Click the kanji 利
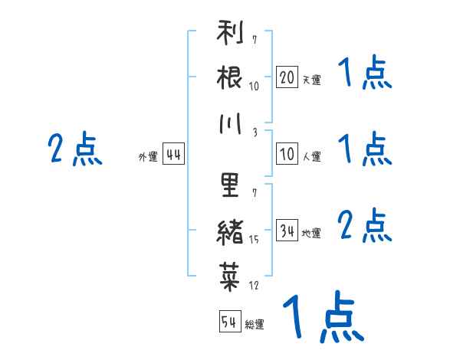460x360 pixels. point(230,32)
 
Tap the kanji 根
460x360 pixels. point(229,77)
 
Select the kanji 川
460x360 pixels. point(230,124)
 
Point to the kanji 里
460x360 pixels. point(230,185)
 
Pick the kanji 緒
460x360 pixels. point(230,232)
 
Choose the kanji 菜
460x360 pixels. point(230,277)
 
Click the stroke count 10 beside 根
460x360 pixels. point(254,86)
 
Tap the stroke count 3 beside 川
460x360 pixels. point(255,133)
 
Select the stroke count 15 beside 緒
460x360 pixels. point(254,240)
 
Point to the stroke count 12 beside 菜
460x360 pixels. point(254,285)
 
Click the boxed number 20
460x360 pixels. point(287,77)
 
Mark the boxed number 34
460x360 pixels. point(287,230)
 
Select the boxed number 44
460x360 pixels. point(173,153)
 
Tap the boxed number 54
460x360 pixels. point(230,321)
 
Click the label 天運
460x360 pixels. point(311,80)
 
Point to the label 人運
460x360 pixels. point(311,156)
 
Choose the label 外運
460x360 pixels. point(148,156)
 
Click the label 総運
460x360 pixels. point(255,324)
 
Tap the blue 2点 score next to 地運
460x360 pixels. point(364,225)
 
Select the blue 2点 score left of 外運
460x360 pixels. point(75,149)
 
